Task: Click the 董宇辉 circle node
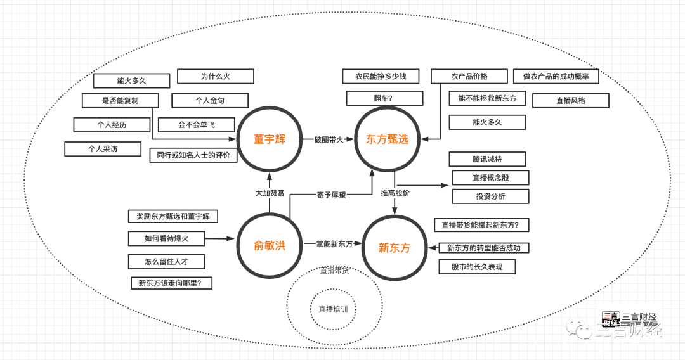tap(269, 139)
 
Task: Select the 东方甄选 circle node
tap(387, 139)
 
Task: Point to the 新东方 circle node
tap(394, 248)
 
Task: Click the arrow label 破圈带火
tap(329, 139)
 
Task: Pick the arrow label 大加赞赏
tap(270, 193)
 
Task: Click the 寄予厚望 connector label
tap(332, 195)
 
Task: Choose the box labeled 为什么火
tap(216, 76)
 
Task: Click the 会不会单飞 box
tap(196, 125)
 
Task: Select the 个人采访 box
tap(103, 149)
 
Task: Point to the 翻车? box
tap(384, 98)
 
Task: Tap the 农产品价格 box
tap(469, 76)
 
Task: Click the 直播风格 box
tap(571, 101)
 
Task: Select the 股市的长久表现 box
tap(477, 267)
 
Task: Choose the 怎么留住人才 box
tap(166, 261)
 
